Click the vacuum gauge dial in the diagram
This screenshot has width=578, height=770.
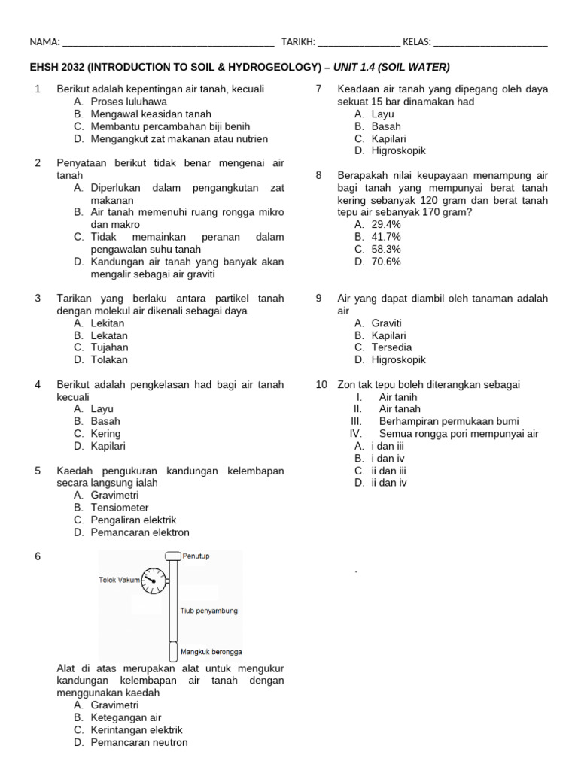(x=154, y=581)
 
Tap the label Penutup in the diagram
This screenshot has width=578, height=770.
(x=196, y=556)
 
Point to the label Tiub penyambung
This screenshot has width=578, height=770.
(x=208, y=611)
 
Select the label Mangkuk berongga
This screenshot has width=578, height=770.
(x=211, y=652)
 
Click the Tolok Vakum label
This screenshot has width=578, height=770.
(x=120, y=580)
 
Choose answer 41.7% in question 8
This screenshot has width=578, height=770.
(x=386, y=237)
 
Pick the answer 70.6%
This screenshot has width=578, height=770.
(x=386, y=262)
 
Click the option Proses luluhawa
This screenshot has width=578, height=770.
(x=129, y=102)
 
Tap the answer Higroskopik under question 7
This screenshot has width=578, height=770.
(x=399, y=150)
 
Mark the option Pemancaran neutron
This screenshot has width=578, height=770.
(x=139, y=742)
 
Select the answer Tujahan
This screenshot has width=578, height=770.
(x=109, y=347)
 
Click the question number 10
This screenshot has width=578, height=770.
(x=321, y=384)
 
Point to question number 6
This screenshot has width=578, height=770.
(x=38, y=556)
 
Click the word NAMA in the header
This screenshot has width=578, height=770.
(x=43, y=42)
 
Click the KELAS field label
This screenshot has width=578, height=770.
(x=416, y=42)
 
